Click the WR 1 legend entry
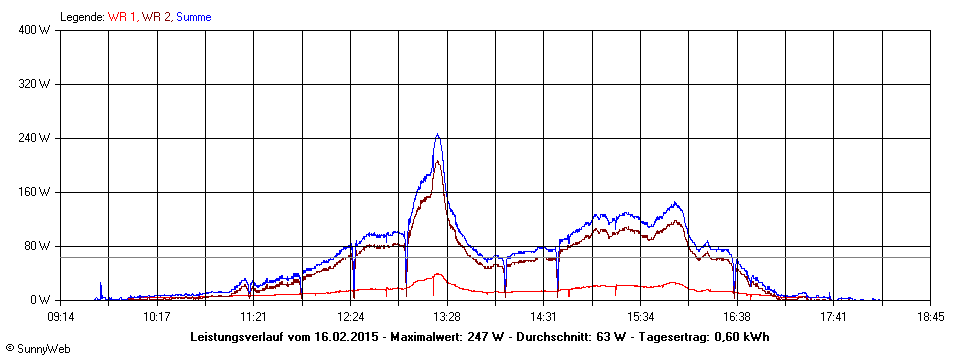(122, 17)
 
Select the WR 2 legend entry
(157, 17)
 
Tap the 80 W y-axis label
(39, 246)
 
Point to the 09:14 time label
(61, 316)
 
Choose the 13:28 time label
(447, 316)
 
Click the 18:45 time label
(930, 316)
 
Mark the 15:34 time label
(640, 316)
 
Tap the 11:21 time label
(254, 316)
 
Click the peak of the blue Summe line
(437, 135)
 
